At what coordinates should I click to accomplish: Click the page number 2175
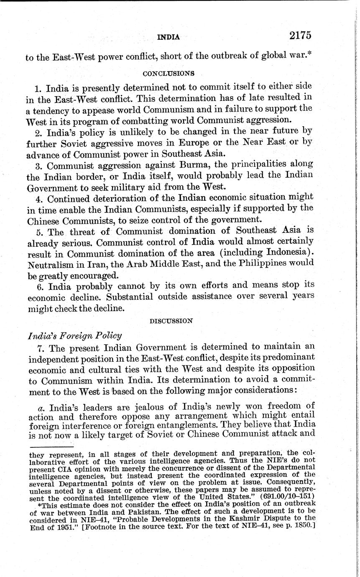tap(300, 36)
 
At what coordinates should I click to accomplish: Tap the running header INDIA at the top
tap(168, 37)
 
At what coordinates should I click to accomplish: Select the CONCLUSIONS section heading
tap(169, 73)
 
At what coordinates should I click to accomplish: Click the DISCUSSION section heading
tap(171, 321)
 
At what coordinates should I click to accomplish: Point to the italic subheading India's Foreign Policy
tap(74, 335)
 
